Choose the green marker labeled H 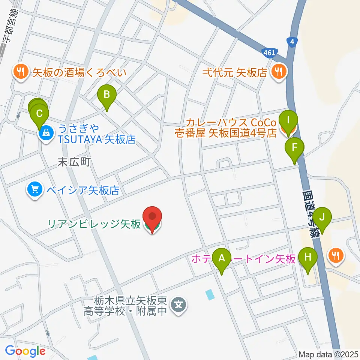308,258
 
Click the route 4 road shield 291,42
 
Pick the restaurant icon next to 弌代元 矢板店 278,72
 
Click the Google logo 25,351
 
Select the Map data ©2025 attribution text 328,354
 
